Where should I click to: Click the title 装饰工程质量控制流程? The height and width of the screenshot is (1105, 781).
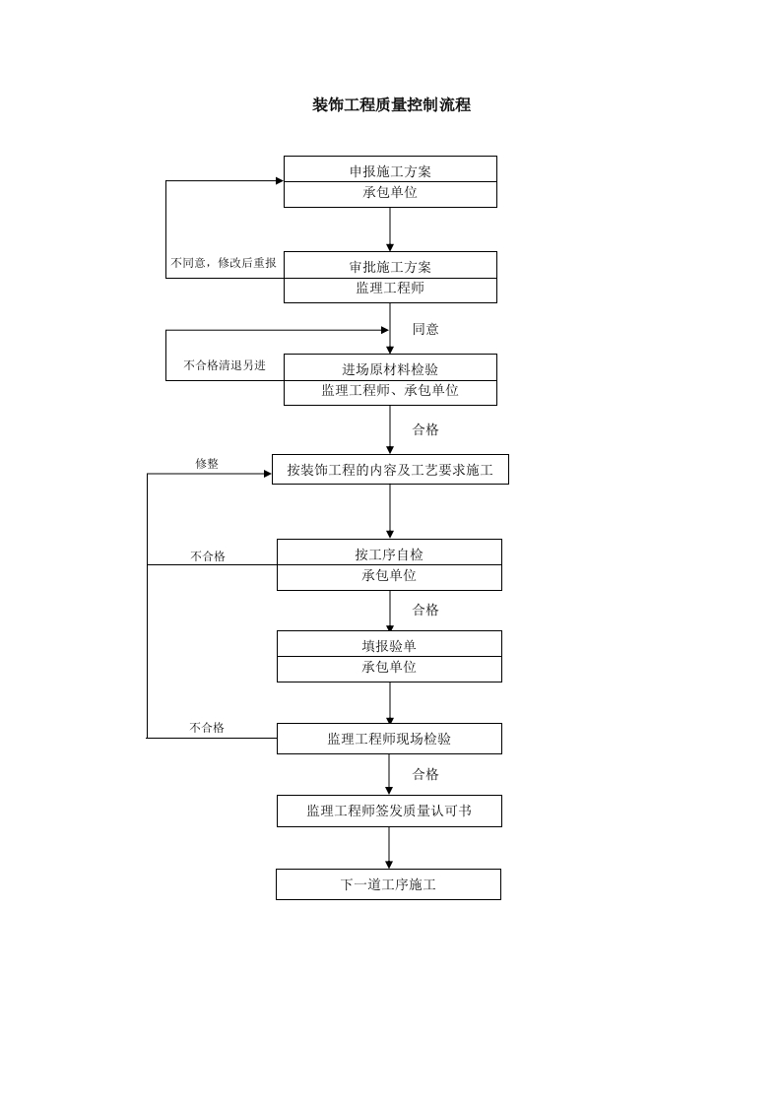391,105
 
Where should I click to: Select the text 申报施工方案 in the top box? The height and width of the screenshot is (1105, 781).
390,170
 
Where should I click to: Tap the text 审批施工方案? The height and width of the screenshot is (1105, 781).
390,266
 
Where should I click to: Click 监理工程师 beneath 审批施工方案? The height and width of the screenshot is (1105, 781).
390,289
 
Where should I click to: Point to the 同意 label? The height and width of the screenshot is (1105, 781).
425,329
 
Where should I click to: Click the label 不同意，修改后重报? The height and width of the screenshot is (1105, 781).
224,263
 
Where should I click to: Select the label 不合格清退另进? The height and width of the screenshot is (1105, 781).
225,365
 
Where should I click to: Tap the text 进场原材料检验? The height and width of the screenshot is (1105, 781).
390,368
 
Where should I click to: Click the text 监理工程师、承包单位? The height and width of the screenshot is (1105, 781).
390,391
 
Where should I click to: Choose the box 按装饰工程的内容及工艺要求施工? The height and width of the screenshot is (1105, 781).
390,470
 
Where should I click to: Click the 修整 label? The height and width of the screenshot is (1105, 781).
207,463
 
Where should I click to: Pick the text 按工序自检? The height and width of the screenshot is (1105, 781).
389,553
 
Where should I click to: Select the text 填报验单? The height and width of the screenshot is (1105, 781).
389,645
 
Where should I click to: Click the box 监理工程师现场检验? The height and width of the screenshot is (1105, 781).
389,739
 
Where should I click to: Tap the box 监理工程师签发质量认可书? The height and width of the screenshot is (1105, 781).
389,811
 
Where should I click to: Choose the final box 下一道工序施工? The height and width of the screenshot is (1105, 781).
388,884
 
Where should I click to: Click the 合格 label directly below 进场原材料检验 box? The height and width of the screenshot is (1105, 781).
425,429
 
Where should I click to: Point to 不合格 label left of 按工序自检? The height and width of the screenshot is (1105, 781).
208,556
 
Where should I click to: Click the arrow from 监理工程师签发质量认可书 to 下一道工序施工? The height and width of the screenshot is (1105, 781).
389,848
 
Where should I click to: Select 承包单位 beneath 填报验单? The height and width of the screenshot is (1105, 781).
389,668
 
